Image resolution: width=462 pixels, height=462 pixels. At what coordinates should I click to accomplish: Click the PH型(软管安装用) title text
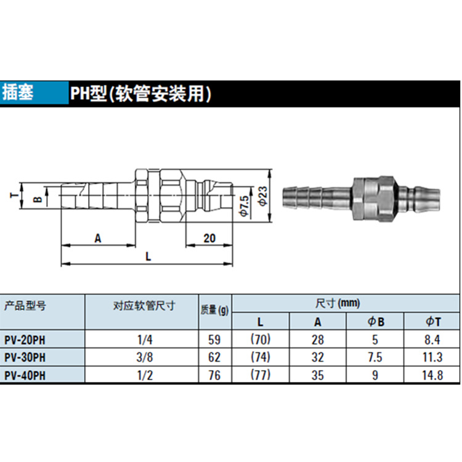(x=140, y=94)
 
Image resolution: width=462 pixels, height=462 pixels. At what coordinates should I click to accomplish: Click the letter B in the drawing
(x=36, y=200)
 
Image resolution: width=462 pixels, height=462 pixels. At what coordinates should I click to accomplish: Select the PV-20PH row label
(x=25, y=338)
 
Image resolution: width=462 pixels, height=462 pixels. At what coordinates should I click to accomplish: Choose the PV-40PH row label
(x=25, y=375)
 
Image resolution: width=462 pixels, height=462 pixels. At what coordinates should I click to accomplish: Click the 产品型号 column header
(x=25, y=305)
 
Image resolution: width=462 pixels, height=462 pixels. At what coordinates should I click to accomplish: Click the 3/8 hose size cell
(x=144, y=356)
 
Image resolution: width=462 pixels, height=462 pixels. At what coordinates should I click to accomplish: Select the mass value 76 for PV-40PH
(x=215, y=375)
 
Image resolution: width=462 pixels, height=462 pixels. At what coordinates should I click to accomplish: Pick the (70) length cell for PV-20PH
(x=261, y=338)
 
